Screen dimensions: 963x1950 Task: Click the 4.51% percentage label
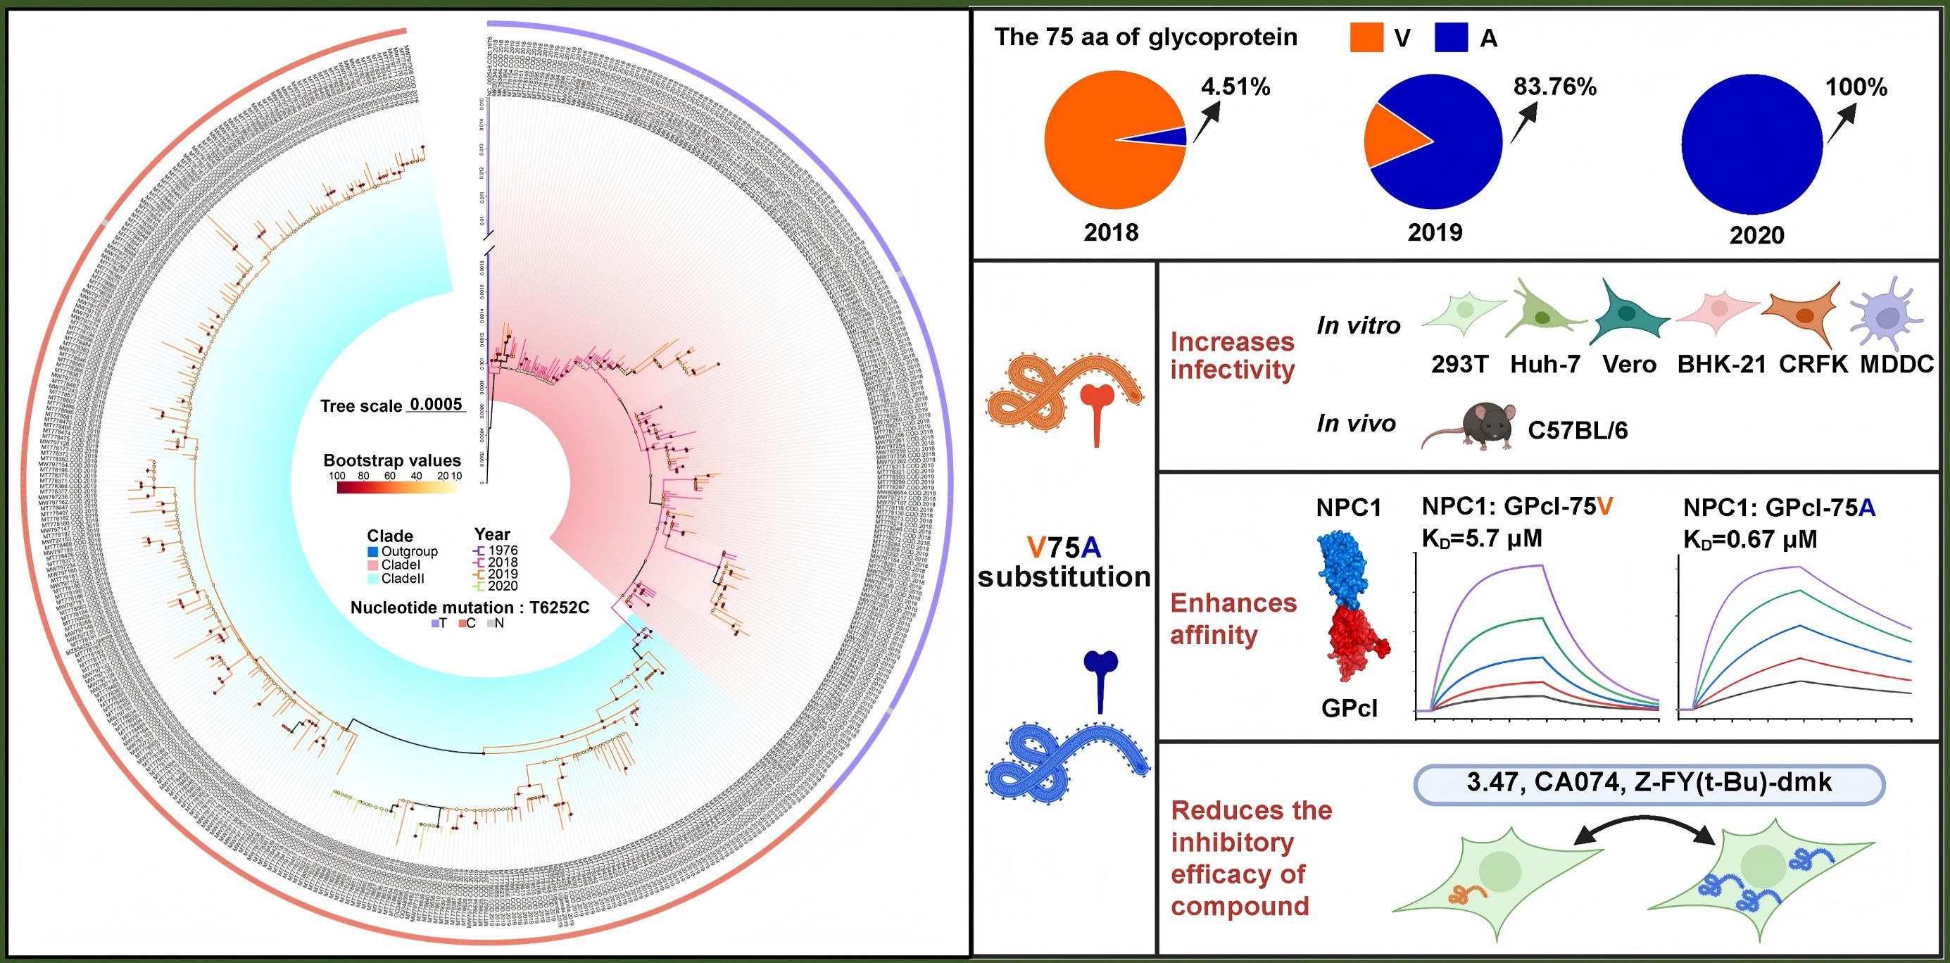pos(1235,87)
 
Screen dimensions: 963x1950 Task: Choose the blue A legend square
pos(1452,38)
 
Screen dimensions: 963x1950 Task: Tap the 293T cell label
pos(1459,365)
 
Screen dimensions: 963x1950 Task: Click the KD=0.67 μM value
pos(1750,539)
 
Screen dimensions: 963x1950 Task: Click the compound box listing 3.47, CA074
pos(1648,783)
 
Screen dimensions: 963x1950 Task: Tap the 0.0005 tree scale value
pos(435,404)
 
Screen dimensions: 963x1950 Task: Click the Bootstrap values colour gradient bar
pos(396,487)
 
